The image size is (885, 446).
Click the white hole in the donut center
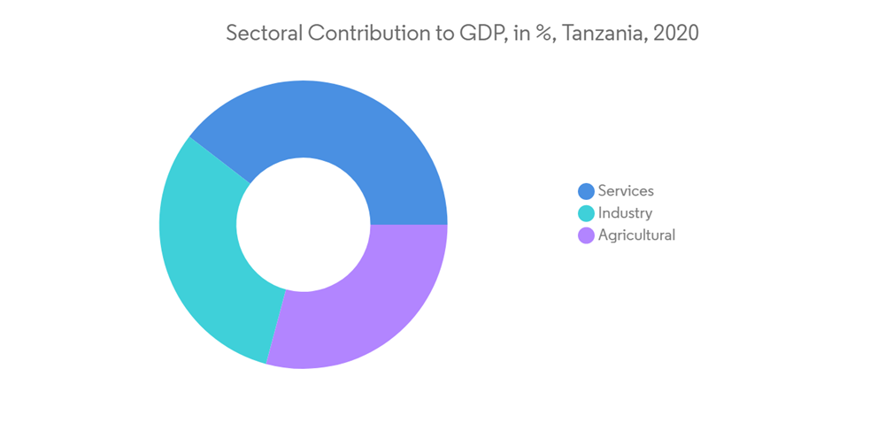coord(304,225)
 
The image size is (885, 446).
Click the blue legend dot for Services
coord(586,191)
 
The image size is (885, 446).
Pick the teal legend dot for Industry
coord(586,213)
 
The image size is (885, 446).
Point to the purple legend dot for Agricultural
coord(586,235)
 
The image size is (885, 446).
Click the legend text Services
coord(626,190)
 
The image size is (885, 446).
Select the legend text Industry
coord(625,212)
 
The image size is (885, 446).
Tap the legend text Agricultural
coord(636,235)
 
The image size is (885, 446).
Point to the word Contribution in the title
coord(370,34)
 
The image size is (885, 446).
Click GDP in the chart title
coord(482,34)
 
